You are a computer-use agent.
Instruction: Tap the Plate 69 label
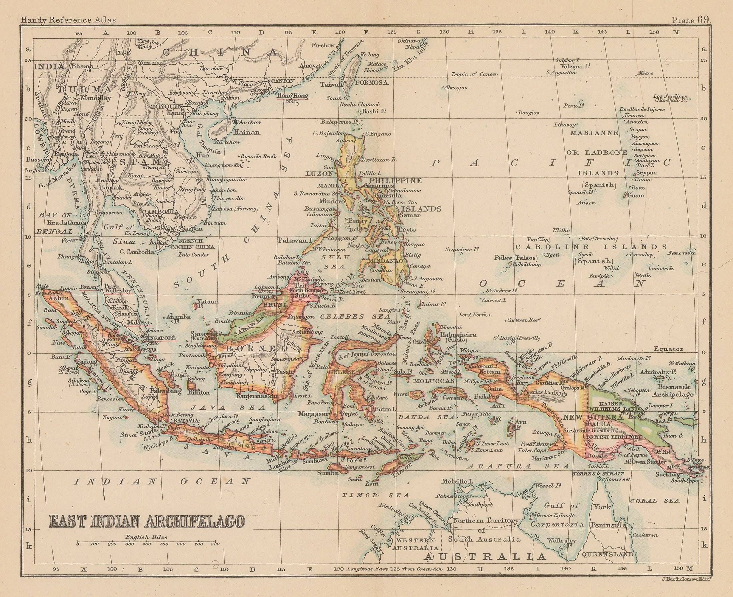point(691,20)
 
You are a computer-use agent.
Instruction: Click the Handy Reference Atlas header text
point(68,20)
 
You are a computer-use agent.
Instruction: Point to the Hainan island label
point(247,132)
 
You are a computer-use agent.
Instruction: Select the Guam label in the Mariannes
point(636,195)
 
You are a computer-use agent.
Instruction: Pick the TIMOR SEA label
point(376,495)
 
